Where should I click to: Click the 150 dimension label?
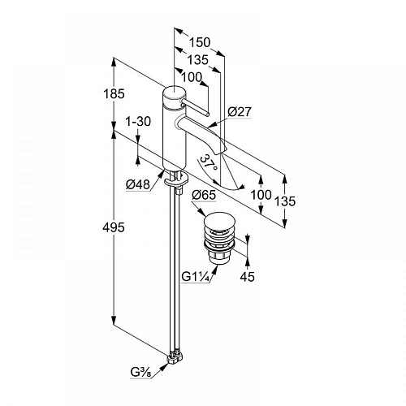coord(200,42)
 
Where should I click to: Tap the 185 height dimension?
coord(114,93)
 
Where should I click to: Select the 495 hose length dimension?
coord(114,227)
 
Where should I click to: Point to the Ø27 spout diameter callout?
coord(240,111)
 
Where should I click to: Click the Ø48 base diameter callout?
coord(138,184)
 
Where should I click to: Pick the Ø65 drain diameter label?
coord(204,195)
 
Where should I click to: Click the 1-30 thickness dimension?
coord(138,122)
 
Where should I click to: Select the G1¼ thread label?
coord(196,277)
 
